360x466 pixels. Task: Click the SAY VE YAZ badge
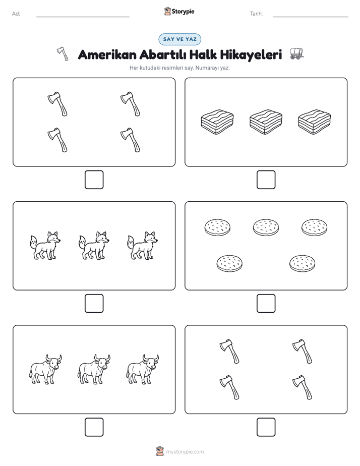(179, 39)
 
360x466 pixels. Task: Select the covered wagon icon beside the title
(297, 53)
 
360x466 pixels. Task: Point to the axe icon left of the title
(63, 54)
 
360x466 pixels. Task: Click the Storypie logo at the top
(179, 11)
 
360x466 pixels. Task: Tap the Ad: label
(16, 14)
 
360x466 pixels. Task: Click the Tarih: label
(256, 14)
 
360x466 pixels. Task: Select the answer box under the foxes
(94, 304)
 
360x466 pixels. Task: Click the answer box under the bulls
(94, 427)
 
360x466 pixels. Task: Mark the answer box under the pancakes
(266, 304)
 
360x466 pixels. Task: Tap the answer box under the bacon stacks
(266, 180)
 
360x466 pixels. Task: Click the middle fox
(94, 246)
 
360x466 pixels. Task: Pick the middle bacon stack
(266, 122)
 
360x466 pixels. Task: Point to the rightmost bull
(143, 369)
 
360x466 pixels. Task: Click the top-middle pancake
(266, 227)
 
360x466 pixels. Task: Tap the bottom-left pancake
(229, 263)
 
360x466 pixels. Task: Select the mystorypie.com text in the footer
(185, 452)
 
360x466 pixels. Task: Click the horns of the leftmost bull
(54, 357)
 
